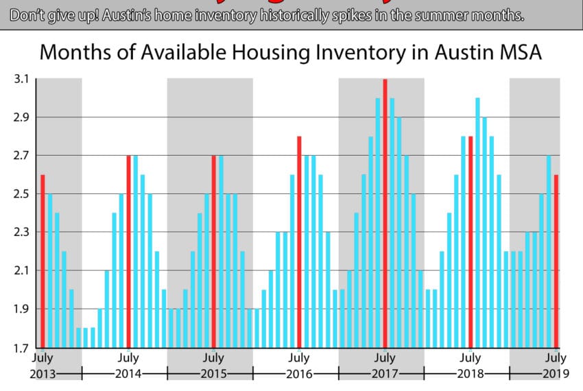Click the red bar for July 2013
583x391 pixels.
pos(43,261)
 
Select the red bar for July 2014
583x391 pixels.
pos(128,251)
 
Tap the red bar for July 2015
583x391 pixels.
pos(213,251)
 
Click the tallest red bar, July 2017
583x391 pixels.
pos(385,213)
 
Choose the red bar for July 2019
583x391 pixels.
pos(556,261)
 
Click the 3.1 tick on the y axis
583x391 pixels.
pos(21,79)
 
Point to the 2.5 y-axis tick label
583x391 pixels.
pos(21,194)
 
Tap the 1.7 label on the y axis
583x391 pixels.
pos(21,348)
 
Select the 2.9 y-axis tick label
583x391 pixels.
pos(21,117)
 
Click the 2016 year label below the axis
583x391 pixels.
pos(299,375)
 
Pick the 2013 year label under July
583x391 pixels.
pos(43,375)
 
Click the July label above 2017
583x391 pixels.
pos(385,358)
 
